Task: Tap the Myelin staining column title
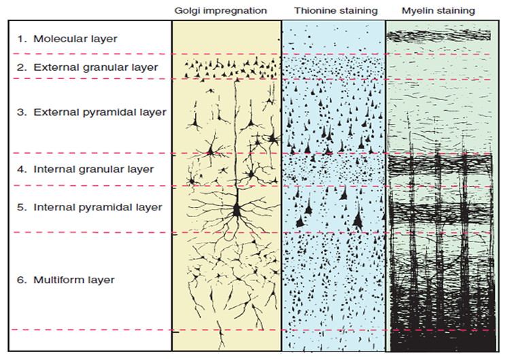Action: pyautogui.click(x=439, y=11)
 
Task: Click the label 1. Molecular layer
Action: pyautogui.click(x=67, y=39)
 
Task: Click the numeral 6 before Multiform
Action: pyautogui.click(x=21, y=280)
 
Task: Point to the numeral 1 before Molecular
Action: pyautogui.click(x=21, y=39)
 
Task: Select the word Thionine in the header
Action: pyautogui.click(x=313, y=11)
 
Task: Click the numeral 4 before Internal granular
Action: pyautogui.click(x=21, y=169)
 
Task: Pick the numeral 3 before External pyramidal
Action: pyautogui.click(x=21, y=112)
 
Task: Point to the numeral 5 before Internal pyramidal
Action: pyautogui.click(x=21, y=207)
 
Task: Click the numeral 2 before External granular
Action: pyautogui.click(x=21, y=67)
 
